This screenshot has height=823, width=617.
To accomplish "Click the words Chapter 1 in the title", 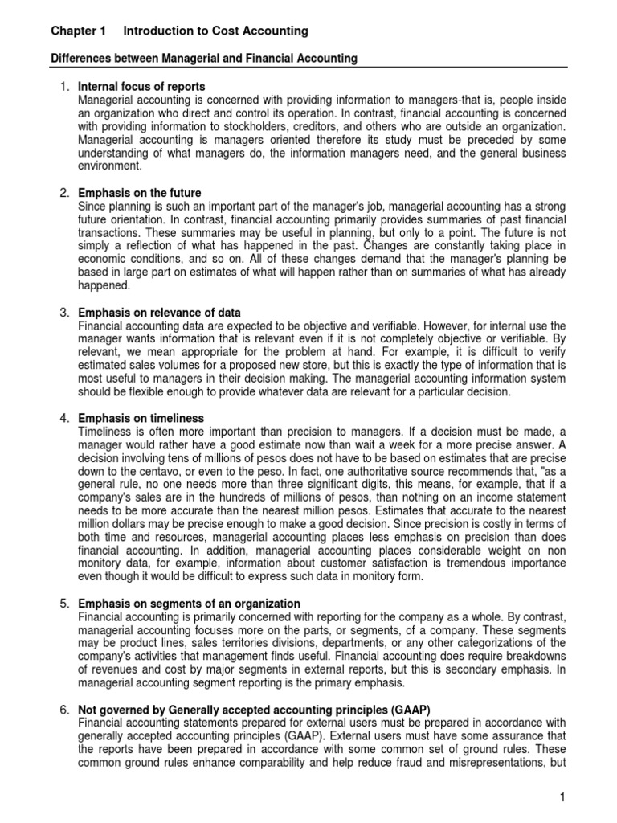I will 78,31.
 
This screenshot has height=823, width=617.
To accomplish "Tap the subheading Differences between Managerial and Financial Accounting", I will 205,59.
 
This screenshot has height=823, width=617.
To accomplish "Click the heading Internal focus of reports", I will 141,86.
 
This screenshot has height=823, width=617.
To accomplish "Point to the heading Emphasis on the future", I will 139,193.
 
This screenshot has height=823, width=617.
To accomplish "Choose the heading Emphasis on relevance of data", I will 159,312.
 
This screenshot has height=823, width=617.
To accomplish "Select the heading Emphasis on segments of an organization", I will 189,604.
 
